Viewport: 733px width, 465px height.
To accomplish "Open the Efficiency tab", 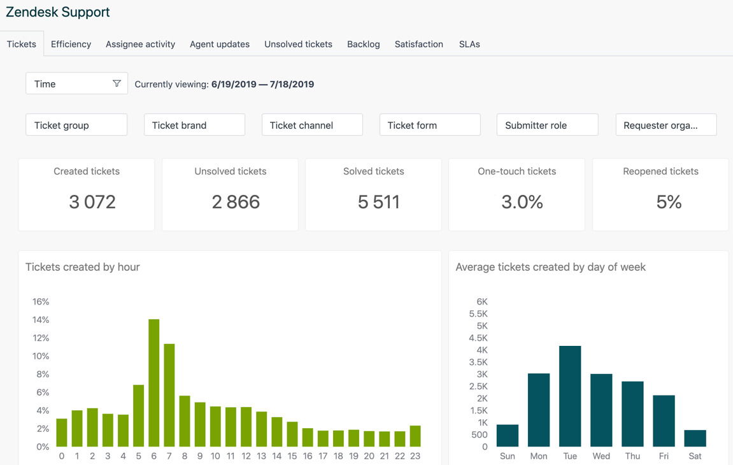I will [71, 44].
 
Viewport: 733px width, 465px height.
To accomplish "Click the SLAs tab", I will [469, 44].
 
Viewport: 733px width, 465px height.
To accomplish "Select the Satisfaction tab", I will [418, 44].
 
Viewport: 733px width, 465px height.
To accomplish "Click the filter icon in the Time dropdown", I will [117, 83].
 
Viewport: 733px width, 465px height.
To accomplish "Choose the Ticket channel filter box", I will [312, 125].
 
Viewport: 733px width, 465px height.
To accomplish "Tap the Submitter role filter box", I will [547, 125].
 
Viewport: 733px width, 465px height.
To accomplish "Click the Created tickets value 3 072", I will [92, 202].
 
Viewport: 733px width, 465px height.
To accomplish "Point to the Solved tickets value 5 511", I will [379, 202].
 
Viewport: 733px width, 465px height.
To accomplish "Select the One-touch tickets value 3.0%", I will [522, 202].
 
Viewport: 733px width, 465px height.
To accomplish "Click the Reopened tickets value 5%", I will [669, 202].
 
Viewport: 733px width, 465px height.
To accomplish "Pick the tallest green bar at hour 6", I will [153, 382].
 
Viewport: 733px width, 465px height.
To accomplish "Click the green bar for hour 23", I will [415, 436].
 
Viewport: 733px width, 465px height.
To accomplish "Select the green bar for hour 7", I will [169, 395].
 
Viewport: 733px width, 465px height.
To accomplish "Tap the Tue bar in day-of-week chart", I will [570, 396].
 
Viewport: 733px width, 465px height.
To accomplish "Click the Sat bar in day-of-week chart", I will [695, 438].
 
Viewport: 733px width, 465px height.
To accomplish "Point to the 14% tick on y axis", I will [41, 320].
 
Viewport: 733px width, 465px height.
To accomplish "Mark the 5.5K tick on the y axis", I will [478, 314].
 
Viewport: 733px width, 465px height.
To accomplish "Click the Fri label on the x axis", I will [664, 456].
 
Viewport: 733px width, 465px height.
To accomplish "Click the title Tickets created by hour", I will [83, 267].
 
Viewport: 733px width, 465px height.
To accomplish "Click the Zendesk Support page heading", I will [58, 12].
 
